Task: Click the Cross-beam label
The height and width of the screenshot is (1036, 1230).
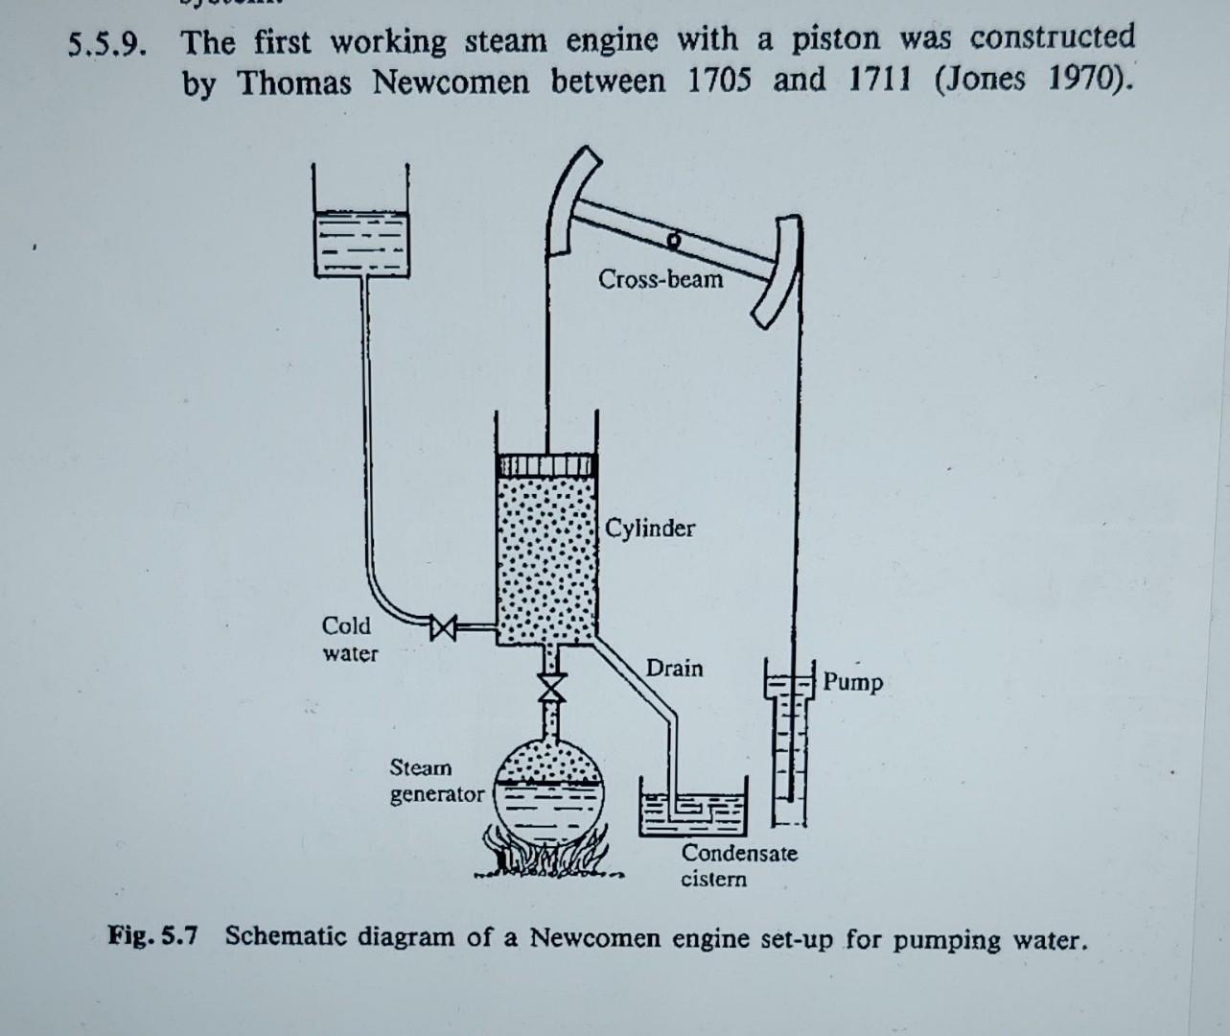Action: pos(661,279)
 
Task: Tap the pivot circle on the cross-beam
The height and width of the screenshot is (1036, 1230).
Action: pos(675,237)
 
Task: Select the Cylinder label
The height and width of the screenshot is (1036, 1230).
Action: pos(650,528)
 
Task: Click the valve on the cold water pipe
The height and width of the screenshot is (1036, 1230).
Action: pos(443,628)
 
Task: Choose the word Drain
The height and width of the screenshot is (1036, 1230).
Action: pos(674,668)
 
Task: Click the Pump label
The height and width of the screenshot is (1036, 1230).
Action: pos(852,682)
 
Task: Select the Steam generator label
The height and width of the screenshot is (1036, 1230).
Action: pos(436,781)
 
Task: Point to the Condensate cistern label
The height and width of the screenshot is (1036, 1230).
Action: pos(738,865)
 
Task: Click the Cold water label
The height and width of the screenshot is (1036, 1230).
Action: pos(349,639)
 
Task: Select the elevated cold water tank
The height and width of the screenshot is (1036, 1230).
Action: pos(360,240)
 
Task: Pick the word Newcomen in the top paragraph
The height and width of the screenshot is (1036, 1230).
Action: pos(450,82)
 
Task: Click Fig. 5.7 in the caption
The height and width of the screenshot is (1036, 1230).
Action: pos(152,935)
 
